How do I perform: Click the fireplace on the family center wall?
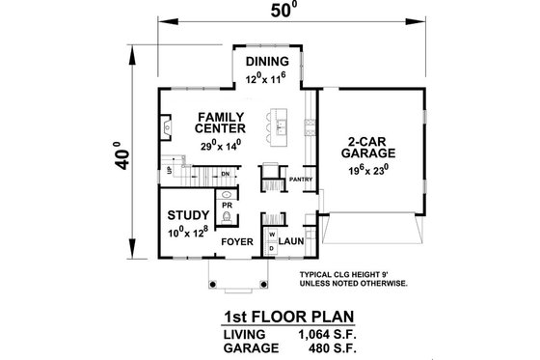[168, 126]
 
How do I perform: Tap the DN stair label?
[224, 174]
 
